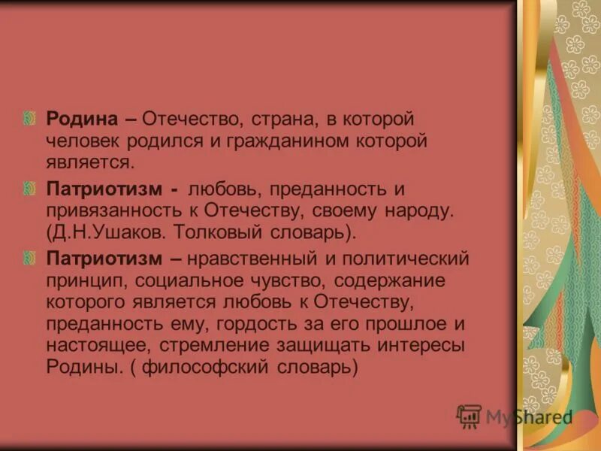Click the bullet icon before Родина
31,119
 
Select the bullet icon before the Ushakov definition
31,189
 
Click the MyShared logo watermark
515,416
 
